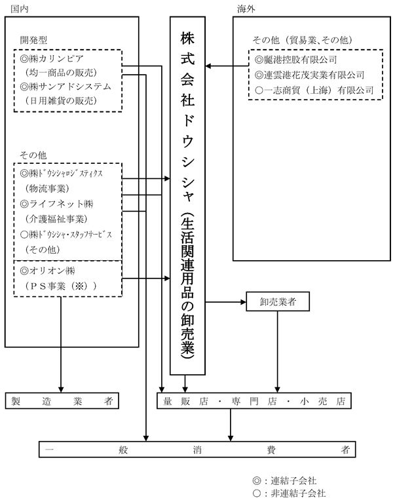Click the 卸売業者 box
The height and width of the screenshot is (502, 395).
[x=278, y=301]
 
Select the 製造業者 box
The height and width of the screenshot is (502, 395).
[x=62, y=400]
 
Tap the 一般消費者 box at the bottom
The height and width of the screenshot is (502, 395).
[x=197, y=449]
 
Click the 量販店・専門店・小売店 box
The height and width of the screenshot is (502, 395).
[x=254, y=400]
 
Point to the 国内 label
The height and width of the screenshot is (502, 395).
[x=20, y=9]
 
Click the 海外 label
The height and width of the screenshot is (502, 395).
[x=246, y=9]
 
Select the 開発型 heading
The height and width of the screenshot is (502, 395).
[x=33, y=40]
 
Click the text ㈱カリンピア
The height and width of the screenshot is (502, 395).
[x=56, y=58]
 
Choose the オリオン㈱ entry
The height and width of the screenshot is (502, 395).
[x=52, y=271]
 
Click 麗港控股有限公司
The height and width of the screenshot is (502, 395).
[x=300, y=60]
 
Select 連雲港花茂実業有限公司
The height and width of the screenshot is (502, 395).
[x=314, y=75]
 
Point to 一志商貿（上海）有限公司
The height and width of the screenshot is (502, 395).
[x=318, y=90]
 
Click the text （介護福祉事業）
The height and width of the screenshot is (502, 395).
[x=56, y=219]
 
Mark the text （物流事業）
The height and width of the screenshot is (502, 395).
[x=47, y=188]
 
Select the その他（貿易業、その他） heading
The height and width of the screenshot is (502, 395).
[x=303, y=40]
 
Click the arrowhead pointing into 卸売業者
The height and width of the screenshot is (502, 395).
[x=243, y=301]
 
